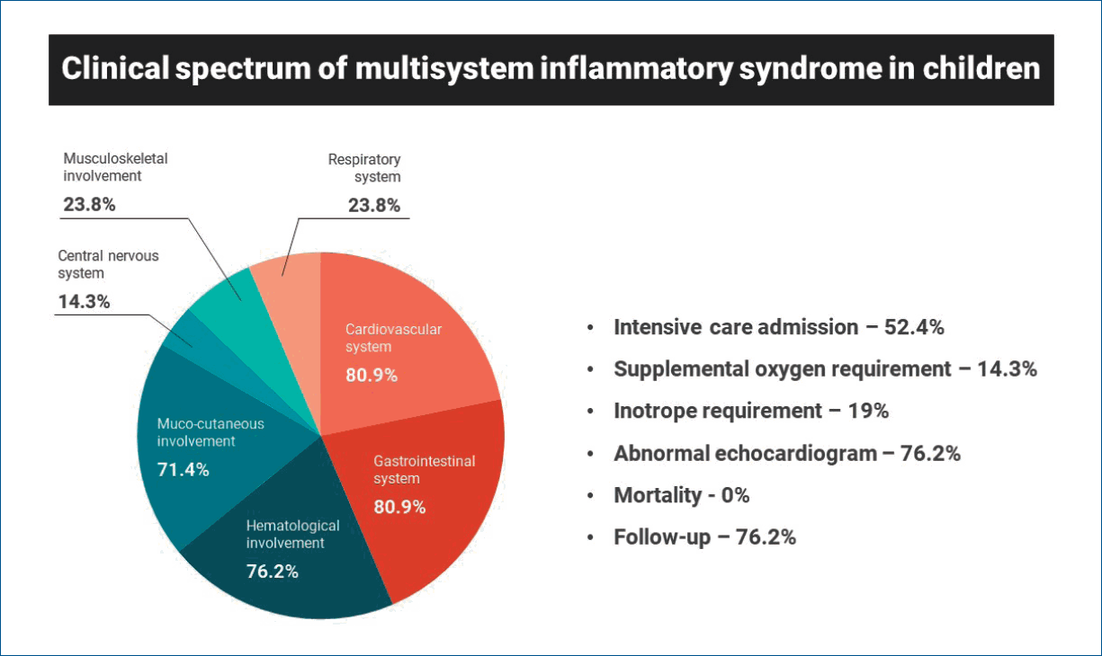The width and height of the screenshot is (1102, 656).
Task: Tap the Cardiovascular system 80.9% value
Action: click(372, 376)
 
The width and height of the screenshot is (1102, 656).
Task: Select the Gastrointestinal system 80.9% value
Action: click(399, 507)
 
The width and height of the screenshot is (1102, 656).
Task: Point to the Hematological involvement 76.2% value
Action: click(272, 572)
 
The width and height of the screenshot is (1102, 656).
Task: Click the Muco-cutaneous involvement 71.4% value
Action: click(183, 470)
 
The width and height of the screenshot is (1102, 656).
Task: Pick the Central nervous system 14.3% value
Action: click(85, 302)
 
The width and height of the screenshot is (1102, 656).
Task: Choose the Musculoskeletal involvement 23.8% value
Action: click(90, 204)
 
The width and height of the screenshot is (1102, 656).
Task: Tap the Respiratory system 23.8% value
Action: click(374, 206)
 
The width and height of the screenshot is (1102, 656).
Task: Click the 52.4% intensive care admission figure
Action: click(914, 327)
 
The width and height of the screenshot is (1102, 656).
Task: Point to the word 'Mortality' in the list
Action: click(658, 495)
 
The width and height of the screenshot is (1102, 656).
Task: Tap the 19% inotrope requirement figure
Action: click(868, 411)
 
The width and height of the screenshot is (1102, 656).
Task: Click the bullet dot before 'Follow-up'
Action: click(590, 537)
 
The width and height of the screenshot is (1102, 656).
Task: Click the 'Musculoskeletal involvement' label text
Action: click(116, 167)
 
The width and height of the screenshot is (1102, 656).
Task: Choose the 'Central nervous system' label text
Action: click(108, 264)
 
